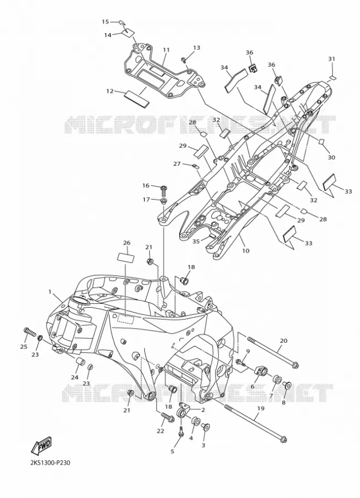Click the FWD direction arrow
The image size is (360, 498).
coord(41,445)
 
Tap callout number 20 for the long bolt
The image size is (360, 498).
coord(284,341)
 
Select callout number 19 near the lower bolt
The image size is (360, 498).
coord(260,408)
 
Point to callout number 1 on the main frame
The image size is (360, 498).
coord(50,291)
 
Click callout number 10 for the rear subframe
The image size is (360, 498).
coord(246,251)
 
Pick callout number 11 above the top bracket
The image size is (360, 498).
coord(166,50)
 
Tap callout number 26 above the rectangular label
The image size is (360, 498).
coord(127,243)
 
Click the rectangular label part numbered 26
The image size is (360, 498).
coord(126,257)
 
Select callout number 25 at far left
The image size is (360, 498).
coord(24,346)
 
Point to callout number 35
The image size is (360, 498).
coord(196,241)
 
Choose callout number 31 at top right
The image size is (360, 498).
coord(331,59)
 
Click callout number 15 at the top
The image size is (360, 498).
coord(105,22)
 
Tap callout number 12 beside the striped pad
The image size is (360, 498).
coord(109,91)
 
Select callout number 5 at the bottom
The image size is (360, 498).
coord(173,452)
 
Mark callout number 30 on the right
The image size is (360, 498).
coord(331,157)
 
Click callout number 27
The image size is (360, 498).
coord(177,164)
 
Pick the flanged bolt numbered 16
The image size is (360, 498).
coord(164,188)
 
